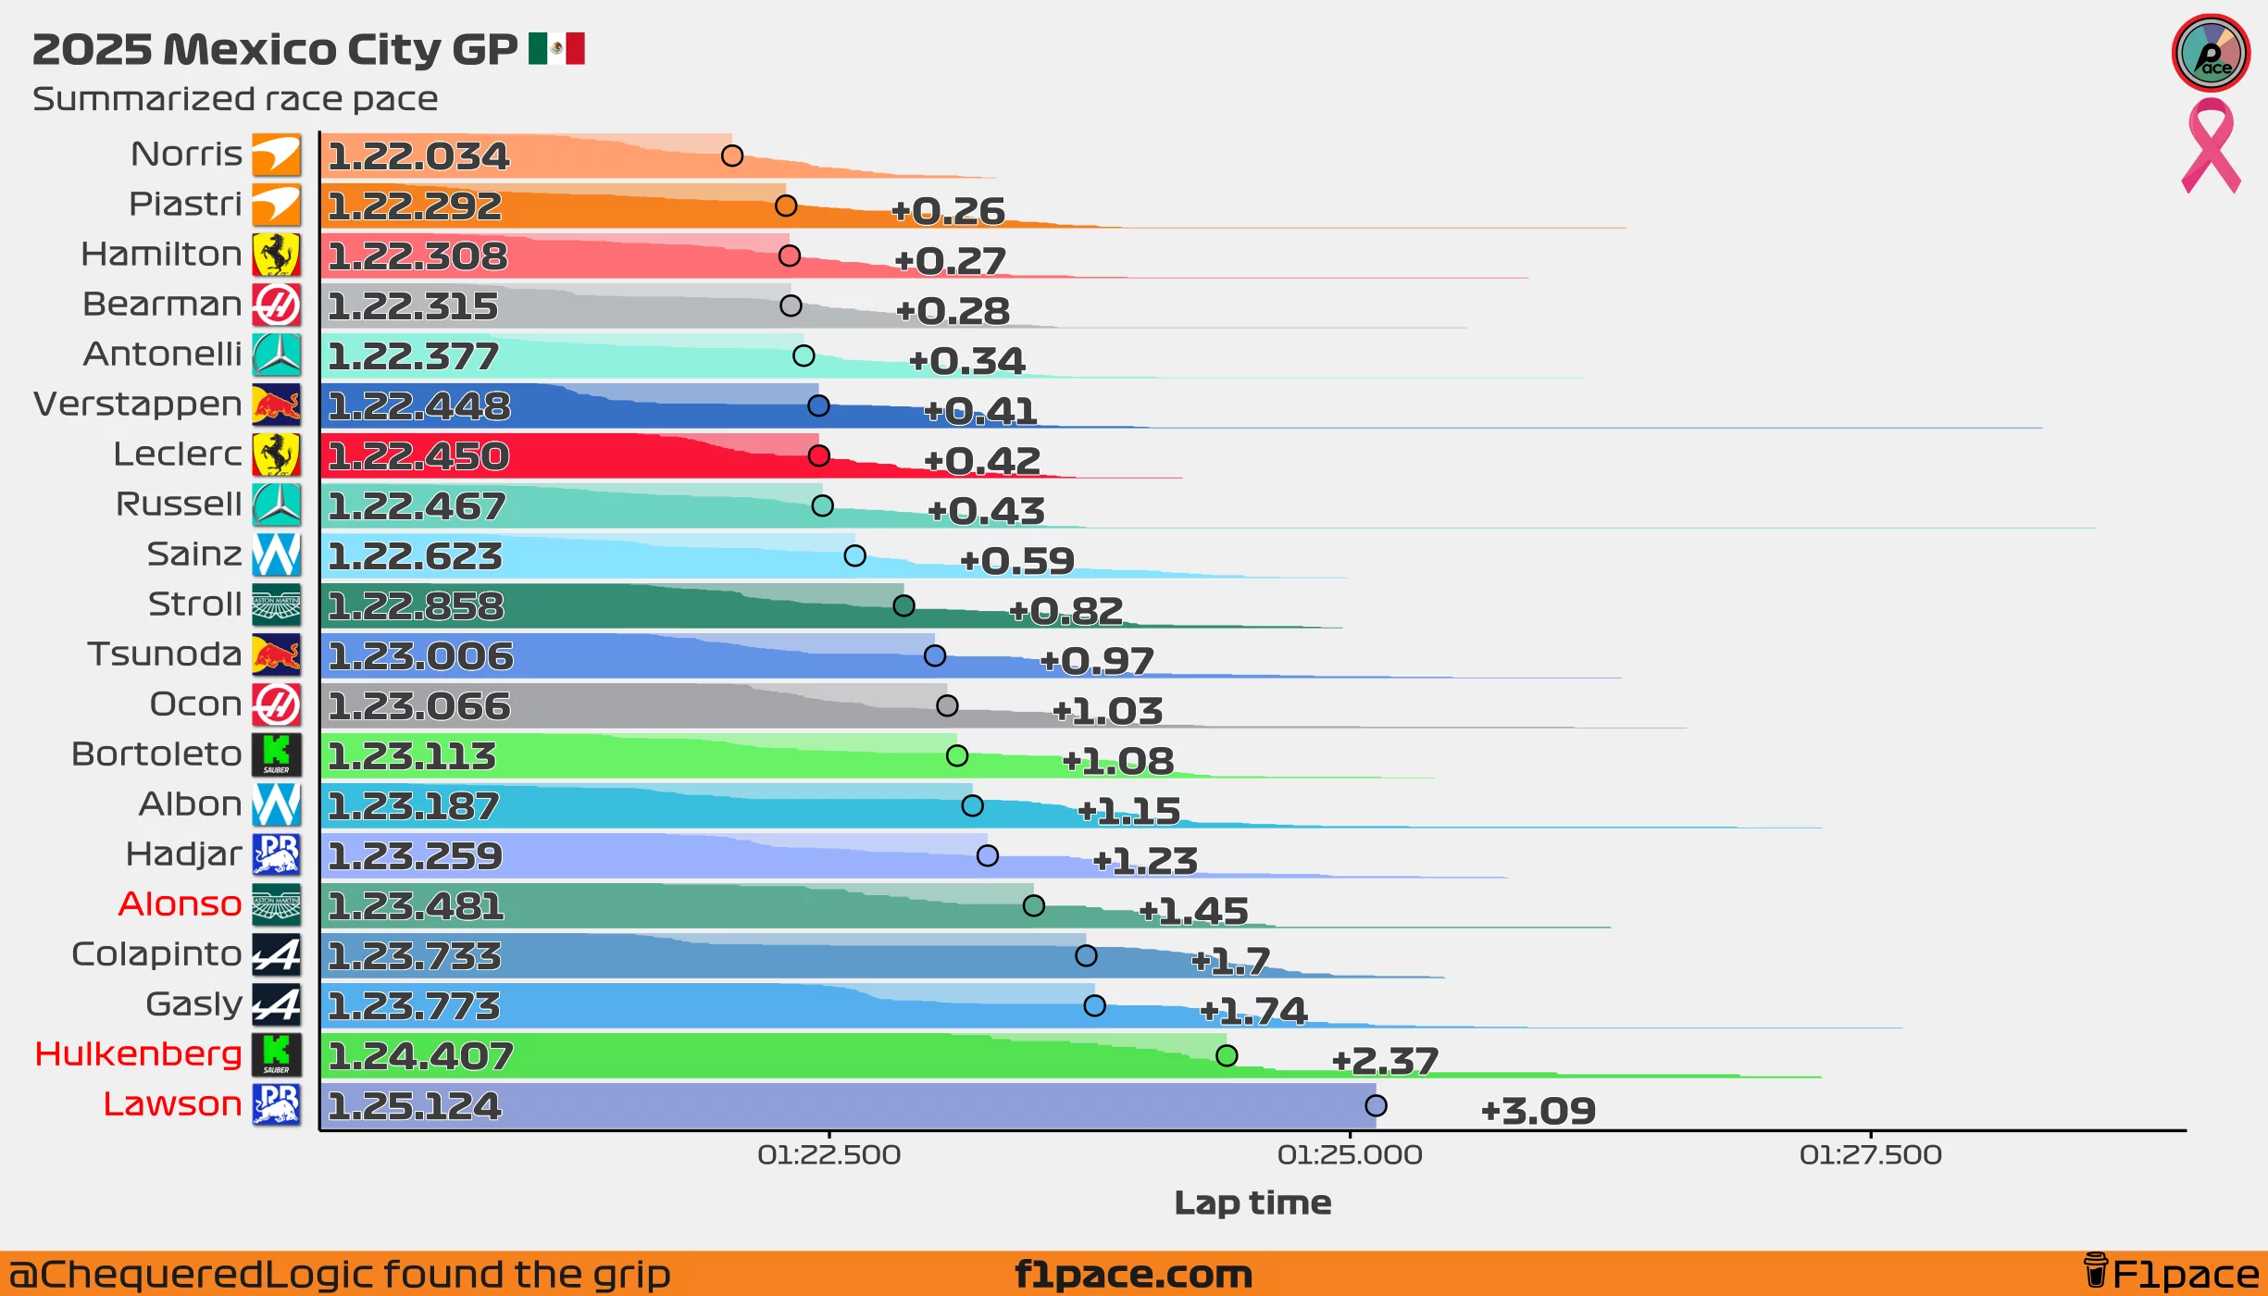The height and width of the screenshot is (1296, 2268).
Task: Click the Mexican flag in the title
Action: [556, 48]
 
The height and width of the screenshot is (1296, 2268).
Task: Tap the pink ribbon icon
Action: [2211, 146]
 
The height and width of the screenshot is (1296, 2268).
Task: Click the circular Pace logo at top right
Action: [2211, 53]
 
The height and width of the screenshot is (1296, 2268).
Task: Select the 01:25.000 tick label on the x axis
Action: [1350, 1154]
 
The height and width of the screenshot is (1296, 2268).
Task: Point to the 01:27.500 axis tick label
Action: [1870, 1154]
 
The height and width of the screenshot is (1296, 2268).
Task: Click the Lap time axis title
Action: [1252, 1203]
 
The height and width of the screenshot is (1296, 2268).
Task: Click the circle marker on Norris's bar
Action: [732, 156]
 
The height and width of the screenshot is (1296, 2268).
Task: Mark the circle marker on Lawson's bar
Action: [1376, 1105]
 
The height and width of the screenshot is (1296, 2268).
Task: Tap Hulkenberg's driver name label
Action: [138, 1053]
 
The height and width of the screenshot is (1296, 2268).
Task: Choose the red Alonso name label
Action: [180, 903]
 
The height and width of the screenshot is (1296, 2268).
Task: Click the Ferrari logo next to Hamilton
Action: [276, 255]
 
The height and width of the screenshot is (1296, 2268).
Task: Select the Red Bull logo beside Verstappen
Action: [276, 405]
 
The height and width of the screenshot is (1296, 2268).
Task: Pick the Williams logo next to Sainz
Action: [276, 555]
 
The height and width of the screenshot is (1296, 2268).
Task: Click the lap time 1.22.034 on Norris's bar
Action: [418, 156]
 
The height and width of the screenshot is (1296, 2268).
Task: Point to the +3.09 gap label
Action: [1538, 1111]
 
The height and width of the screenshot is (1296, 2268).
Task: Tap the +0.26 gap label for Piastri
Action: [947, 211]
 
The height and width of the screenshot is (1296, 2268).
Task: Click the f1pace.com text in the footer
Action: [1133, 1275]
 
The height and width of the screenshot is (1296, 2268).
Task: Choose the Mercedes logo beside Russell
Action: [276, 505]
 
